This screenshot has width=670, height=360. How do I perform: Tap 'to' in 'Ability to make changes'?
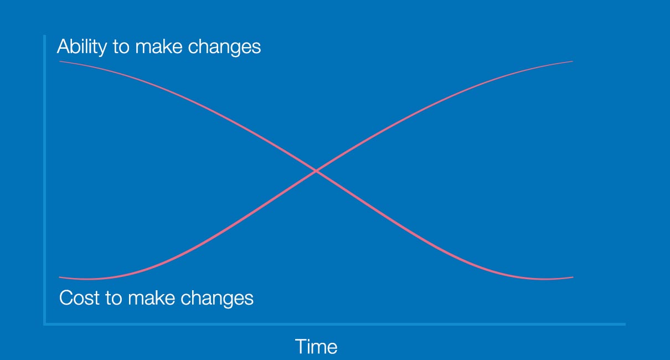coord(121,47)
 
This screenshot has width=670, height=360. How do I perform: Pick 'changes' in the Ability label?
coord(224,47)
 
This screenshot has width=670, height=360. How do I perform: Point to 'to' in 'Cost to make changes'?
coord(114,298)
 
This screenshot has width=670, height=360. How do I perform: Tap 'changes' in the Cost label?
coord(217,298)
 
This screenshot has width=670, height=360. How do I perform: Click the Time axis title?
coord(316,347)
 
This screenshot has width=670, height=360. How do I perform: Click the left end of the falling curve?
coord(60,61)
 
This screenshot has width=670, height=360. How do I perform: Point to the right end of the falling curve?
coord(573,277)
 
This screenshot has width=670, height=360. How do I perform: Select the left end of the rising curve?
coord(60,276)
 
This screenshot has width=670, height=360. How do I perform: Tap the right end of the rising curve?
coord(573,61)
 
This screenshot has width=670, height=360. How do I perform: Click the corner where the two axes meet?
coord(45,323)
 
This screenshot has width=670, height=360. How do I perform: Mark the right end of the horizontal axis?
coord(625,324)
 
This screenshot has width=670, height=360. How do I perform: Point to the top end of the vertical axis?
coord(44,36)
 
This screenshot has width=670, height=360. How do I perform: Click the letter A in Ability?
coord(63,47)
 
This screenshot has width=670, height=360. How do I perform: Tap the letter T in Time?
coord(301,347)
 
